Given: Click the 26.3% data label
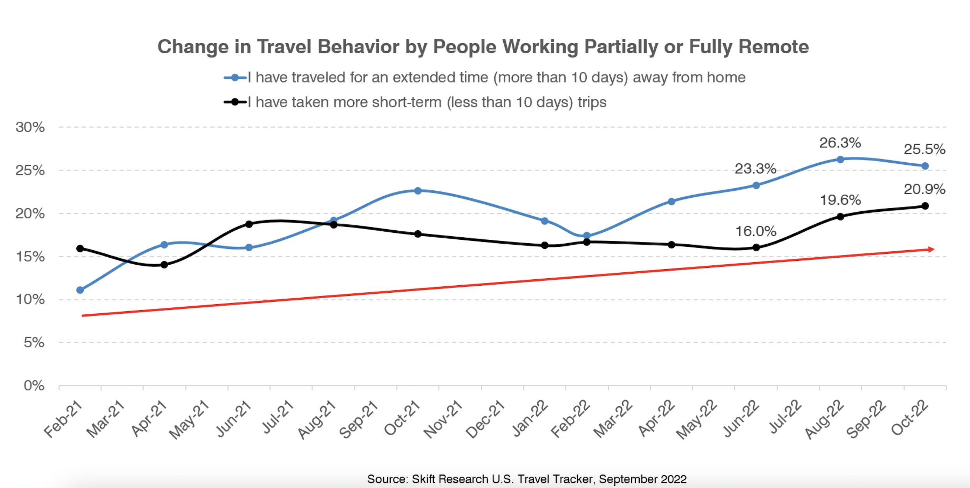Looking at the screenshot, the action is [x=840, y=143].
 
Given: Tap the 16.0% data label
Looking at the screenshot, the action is [x=756, y=232].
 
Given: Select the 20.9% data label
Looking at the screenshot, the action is [x=924, y=190].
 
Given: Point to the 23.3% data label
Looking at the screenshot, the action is [x=755, y=169].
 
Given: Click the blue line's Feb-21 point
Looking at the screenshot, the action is [x=80, y=290].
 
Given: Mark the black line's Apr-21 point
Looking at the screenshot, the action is [x=164, y=265].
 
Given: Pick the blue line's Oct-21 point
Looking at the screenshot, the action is [x=418, y=191].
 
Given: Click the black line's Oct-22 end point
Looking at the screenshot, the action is [x=925, y=206].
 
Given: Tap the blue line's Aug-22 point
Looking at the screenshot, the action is [x=840, y=160].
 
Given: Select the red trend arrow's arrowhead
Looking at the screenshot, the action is [x=931, y=249].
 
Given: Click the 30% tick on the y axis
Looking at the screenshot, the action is [x=30, y=127].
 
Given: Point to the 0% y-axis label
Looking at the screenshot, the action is [x=34, y=386].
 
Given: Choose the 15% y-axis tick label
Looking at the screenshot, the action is [x=30, y=257].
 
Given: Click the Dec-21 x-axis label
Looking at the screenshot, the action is [x=485, y=420].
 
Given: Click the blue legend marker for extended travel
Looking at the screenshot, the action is [x=235, y=78].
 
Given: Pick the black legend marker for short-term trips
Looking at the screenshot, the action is [x=235, y=102].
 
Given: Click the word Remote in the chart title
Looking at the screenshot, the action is [x=773, y=47].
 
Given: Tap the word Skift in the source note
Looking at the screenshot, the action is [x=423, y=479].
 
